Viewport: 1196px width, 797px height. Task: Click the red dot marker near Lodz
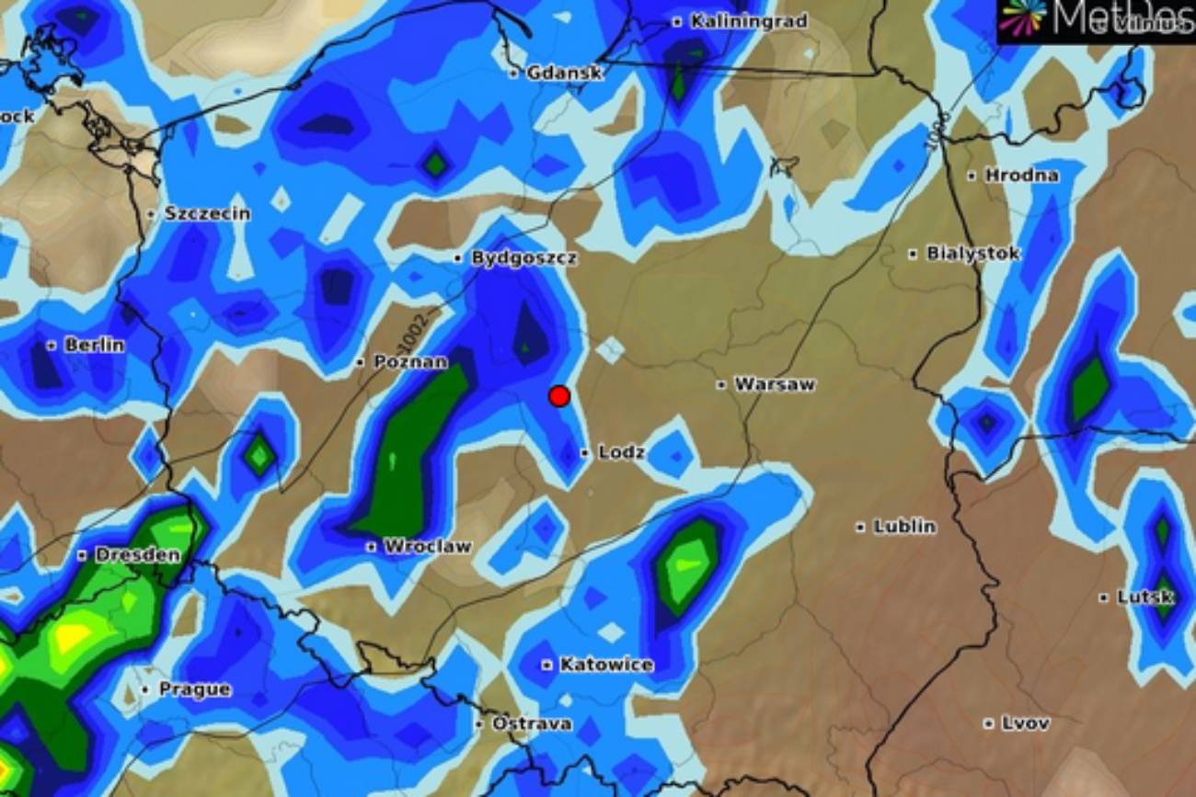pos(559,396)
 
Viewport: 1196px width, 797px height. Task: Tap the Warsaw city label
pos(774,384)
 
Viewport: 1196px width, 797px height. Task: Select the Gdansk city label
pos(564,73)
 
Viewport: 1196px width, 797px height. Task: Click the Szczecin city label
pos(207,213)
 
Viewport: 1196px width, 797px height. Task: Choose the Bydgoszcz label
pos(523,258)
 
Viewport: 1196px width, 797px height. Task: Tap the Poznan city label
pos(410,362)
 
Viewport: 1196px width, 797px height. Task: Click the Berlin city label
pos(94,346)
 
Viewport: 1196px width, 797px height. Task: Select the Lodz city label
pos(621,452)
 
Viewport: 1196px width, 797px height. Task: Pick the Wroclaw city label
pos(427,546)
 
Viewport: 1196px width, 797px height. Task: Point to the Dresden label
pos(137,555)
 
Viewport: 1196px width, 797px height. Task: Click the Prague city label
pos(194,689)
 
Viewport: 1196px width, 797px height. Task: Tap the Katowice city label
pos(606,665)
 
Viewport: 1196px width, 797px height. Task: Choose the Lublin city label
pos(903,527)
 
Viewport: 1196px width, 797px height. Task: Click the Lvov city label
pos(1024,723)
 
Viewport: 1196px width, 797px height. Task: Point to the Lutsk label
pos(1144,598)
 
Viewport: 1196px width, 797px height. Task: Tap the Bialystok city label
pos(972,254)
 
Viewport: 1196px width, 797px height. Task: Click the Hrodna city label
pos(1021,175)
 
